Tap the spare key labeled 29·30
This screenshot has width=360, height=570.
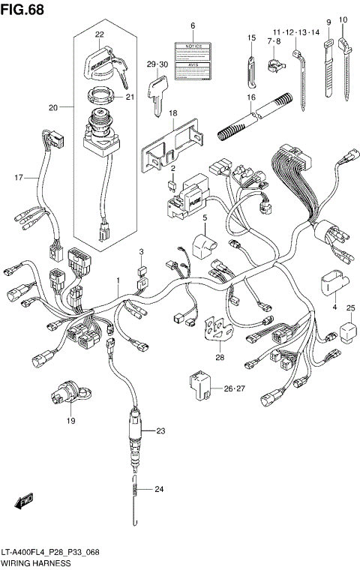click(157, 97)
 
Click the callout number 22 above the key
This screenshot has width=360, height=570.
click(98, 35)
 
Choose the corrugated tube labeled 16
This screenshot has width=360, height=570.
click(253, 121)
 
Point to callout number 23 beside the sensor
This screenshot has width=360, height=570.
click(160, 430)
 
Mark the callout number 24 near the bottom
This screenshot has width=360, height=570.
click(158, 490)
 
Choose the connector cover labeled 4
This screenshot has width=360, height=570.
click(330, 283)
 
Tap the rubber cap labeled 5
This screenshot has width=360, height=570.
click(202, 245)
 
